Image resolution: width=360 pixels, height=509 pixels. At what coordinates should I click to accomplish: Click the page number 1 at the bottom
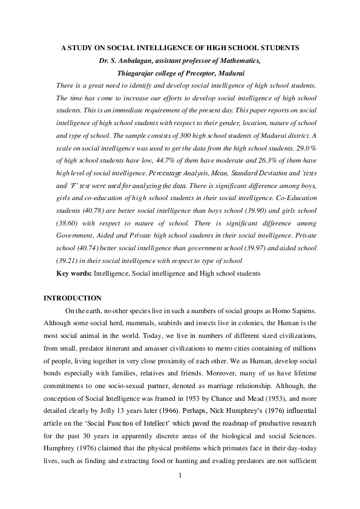coord(180,491)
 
